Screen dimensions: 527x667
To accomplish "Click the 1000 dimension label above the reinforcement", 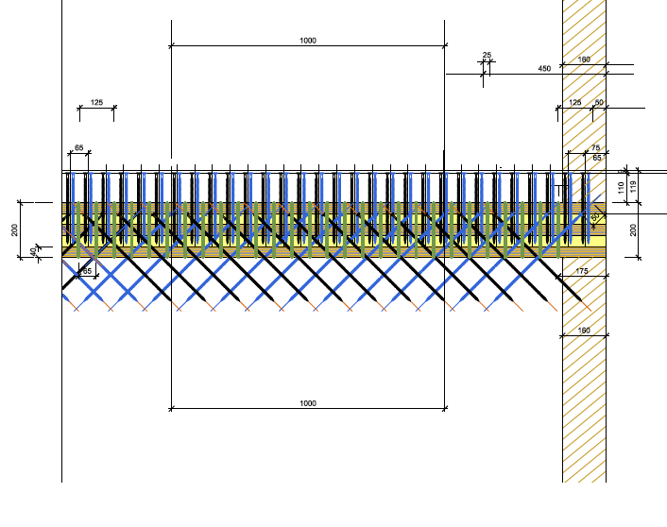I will click(307, 41).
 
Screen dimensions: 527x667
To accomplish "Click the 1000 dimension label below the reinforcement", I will click(307, 403).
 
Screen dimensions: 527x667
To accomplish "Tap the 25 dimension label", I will click(487, 56).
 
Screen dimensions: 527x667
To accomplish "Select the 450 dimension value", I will click(544, 69).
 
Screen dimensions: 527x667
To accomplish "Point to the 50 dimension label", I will click(598, 102).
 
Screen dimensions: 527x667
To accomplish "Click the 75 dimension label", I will click(595, 148).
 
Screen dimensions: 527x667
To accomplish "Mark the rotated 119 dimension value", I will click(634, 185).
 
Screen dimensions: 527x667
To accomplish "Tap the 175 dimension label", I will click(582, 272).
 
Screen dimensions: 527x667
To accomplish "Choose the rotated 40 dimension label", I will click(34, 252).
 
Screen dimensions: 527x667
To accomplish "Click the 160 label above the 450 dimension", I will click(583, 60).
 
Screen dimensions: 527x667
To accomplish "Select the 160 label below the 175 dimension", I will click(583, 331).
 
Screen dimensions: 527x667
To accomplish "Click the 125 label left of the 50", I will click(575, 102).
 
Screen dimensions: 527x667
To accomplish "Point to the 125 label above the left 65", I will click(96, 102).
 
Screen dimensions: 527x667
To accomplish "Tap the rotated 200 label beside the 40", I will click(15, 229).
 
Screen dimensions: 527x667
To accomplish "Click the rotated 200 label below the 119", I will click(633, 229).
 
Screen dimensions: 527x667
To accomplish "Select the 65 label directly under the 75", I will click(597, 158).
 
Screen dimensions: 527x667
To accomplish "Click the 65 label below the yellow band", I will click(87, 271).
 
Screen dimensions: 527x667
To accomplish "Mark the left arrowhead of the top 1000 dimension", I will click(172, 45).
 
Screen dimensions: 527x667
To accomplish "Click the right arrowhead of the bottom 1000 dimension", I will click(444, 408).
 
